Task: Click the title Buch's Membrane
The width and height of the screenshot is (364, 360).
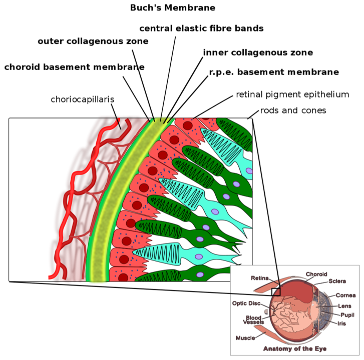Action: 172,8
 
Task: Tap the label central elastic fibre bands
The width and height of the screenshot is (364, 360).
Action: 201,28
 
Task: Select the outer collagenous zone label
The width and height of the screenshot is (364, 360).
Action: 93,41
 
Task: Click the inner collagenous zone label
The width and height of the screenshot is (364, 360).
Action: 258,52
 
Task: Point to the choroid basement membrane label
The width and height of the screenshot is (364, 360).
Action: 74,67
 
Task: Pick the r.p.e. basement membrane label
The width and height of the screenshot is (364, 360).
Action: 274,72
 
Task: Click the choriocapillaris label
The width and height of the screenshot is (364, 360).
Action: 83,99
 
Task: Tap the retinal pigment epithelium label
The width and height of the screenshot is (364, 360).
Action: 292,94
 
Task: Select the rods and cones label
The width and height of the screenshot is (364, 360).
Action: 293,110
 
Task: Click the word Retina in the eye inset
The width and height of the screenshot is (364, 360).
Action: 260,278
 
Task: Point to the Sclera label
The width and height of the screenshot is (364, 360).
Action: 337,281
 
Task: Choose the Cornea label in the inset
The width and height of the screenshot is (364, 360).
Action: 345,295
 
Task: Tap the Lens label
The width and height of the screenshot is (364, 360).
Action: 344,306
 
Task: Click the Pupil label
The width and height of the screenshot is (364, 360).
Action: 347,315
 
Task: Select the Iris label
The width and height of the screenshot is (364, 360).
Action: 341,323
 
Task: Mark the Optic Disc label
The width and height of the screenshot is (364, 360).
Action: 246,303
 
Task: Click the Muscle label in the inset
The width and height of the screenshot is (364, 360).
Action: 245,338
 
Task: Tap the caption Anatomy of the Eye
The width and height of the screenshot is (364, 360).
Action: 295,348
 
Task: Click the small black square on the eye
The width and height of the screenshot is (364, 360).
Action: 276,292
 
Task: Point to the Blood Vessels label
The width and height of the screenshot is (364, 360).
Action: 253,320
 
